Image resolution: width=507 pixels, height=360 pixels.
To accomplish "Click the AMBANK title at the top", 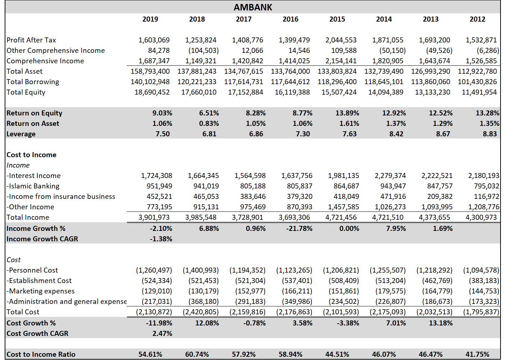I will (x=253, y=7).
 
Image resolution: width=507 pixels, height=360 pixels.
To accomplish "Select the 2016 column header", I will (x=290, y=19).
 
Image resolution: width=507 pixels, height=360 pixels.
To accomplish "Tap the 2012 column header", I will (x=477, y=19).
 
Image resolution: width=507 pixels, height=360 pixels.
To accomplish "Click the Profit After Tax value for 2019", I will (x=154, y=40).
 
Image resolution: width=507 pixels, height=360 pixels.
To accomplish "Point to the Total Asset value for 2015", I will (x=337, y=72).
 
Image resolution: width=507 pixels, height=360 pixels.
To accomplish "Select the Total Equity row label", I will (x=26, y=92).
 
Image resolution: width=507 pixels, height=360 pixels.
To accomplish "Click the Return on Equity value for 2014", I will (x=394, y=113).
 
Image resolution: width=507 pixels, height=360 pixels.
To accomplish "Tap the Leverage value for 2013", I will (x=443, y=134).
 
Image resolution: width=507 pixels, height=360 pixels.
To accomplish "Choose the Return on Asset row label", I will (x=33, y=124).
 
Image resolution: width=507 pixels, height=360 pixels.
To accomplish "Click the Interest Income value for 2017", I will (x=250, y=176).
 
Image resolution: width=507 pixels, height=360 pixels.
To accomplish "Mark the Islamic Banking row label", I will (x=33, y=186).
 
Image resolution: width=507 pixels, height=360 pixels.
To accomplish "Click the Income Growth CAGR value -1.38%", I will (x=161, y=239).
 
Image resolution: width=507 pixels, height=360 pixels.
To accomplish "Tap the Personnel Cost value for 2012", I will (x=481, y=270).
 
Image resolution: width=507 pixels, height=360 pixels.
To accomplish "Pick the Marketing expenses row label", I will (x=41, y=291).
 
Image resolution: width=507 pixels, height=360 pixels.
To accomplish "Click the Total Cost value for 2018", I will (x=200, y=312).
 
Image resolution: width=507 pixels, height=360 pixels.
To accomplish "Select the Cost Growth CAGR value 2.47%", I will (x=162, y=334).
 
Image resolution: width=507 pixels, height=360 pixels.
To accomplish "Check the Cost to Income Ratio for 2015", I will (x=337, y=355).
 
